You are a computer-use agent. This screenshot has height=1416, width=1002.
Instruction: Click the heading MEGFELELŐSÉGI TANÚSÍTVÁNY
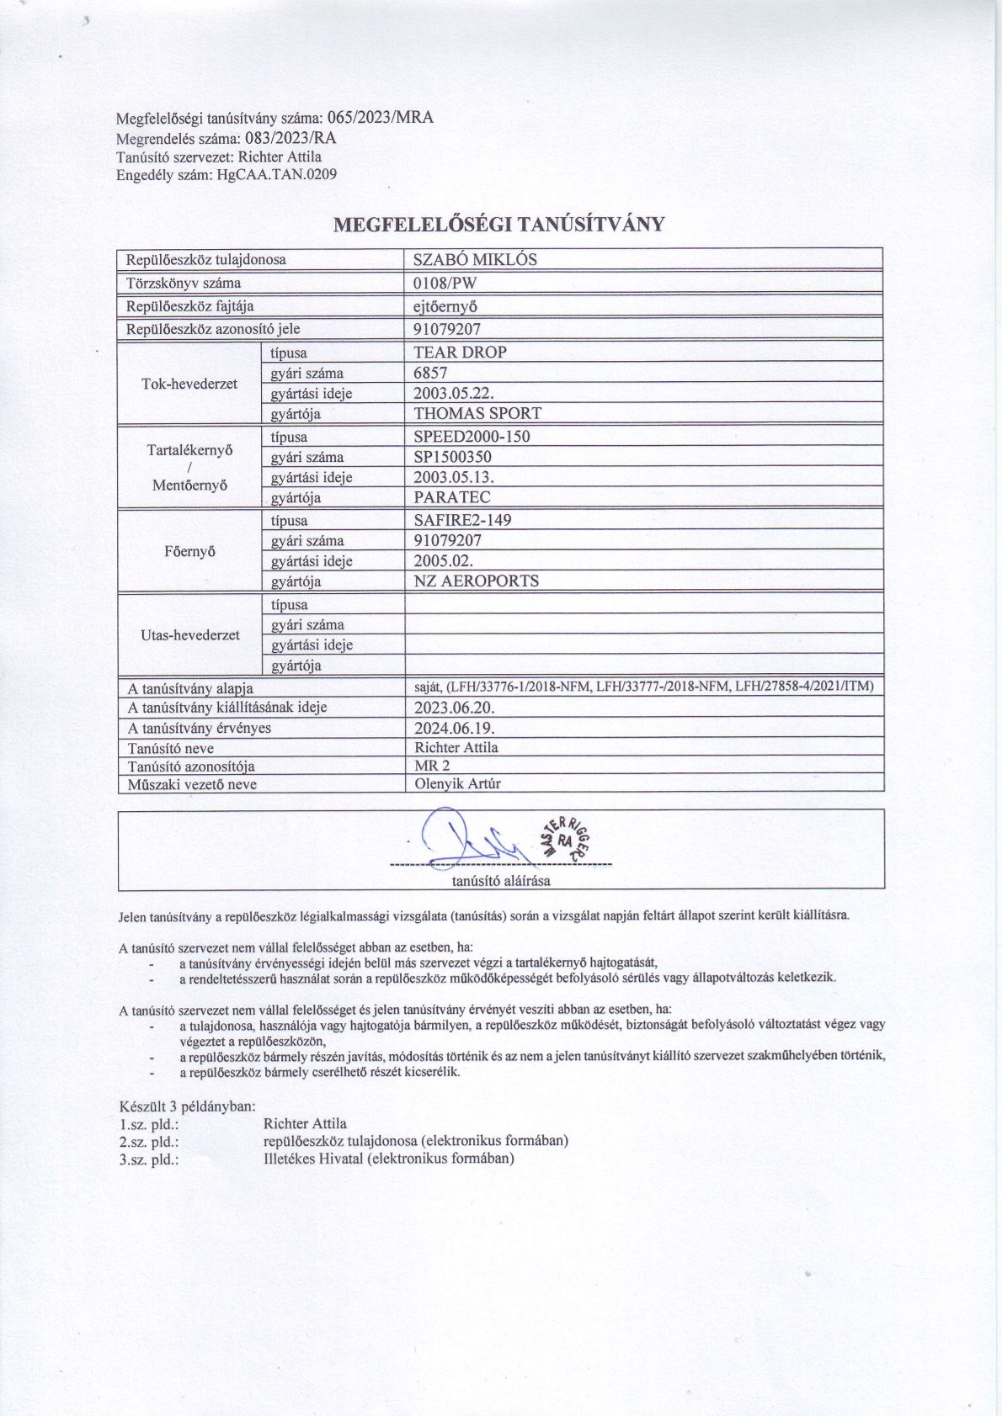click(x=499, y=225)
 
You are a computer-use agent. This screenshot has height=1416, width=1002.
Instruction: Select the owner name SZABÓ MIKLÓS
click(x=475, y=259)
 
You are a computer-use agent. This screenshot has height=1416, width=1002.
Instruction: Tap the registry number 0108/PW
click(x=445, y=283)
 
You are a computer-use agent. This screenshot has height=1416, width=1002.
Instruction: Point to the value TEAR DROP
click(x=460, y=353)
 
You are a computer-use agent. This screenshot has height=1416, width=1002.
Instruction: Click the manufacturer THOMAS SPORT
click(x=477, y=413)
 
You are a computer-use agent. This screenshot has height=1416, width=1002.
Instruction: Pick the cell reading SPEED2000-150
click(x=472, y=437)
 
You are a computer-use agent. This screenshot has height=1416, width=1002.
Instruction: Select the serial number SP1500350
click(x=452, y=457)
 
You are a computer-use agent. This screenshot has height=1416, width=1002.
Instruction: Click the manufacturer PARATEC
click(x=451, y=497)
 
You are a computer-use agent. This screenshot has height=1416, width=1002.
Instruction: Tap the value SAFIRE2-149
click(x=462, y=520)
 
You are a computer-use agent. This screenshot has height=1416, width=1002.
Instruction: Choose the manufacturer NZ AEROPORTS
click(x=476, y=581)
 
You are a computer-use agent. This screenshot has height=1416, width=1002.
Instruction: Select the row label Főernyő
click(x=189, y=551)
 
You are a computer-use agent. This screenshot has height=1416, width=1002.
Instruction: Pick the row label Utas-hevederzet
click(x=189, y=635)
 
